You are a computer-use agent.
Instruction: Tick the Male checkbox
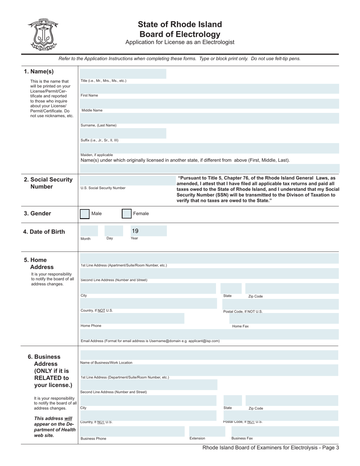pos(85,214)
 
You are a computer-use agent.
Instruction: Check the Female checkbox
pos(127,214)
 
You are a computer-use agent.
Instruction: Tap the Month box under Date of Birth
pos(89,231)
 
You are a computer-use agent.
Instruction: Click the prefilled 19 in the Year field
pos(135,231)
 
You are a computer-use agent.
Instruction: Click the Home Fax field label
pos(240,326)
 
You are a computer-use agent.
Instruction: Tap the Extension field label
pos(197,438)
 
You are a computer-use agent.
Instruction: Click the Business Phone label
pos(93,439)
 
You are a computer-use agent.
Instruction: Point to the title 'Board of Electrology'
pos(180,34)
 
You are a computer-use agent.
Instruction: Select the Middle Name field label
pos(92,111)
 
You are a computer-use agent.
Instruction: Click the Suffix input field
pos(123,133)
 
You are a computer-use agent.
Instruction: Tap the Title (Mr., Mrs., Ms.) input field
pos(123,74)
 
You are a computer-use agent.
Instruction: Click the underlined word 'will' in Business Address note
pos(68,419)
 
